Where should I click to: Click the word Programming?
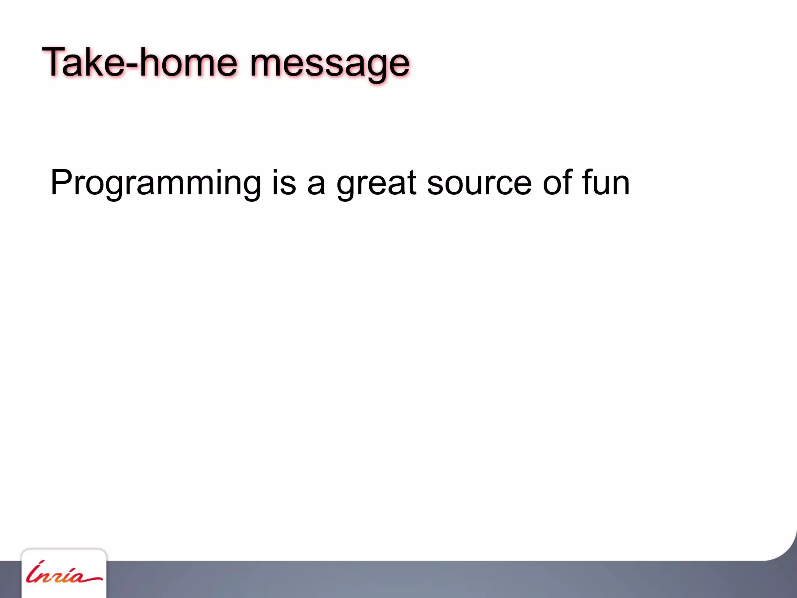pos(156,183)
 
